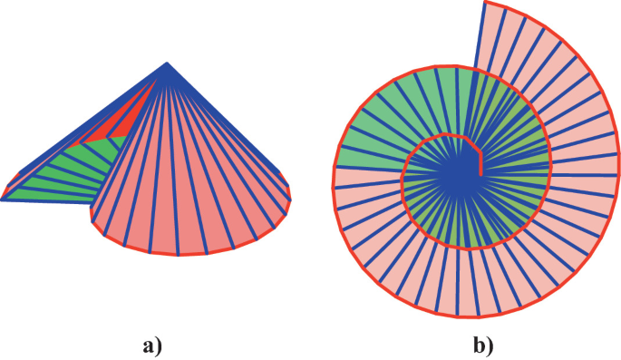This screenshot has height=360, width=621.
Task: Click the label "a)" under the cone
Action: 152,346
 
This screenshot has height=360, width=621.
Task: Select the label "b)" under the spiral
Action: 483,346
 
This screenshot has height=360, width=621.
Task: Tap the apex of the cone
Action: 167,63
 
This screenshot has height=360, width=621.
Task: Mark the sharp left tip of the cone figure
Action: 1,200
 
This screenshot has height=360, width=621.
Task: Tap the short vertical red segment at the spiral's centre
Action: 480,163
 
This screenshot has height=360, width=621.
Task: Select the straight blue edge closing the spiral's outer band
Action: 480,34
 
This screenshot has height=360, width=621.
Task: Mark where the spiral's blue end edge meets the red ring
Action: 473,68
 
